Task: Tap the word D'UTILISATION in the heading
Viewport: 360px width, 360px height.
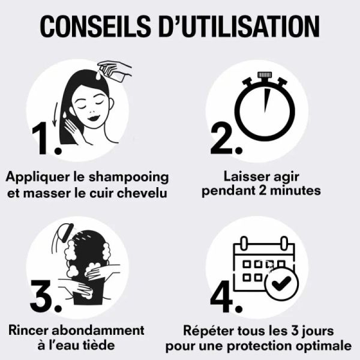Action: [x=239, y=26]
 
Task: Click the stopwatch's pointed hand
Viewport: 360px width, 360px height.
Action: [x=267, y=101]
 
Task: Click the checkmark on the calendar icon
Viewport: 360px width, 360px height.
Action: [x=281, y=283]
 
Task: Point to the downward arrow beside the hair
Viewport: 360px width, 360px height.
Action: [x=55, y=114]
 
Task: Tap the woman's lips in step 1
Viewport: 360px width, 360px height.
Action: [x=94, y=118]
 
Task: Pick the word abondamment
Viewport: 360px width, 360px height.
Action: [x=98, y=331]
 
